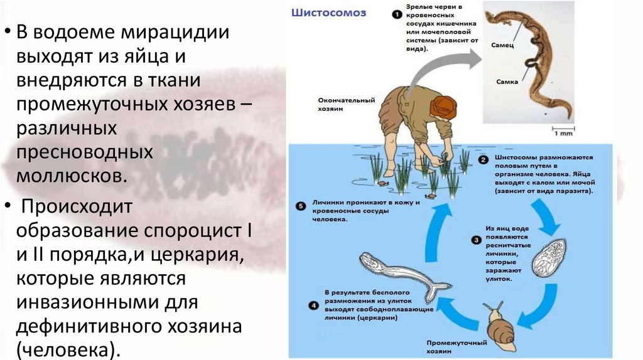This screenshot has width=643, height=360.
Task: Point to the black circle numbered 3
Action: coord(477,239)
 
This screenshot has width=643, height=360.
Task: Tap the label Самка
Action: coord(506,82)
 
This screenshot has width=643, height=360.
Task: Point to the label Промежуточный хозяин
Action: coord(449,347)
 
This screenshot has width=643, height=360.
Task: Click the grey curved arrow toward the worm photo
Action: coord(440,66)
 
